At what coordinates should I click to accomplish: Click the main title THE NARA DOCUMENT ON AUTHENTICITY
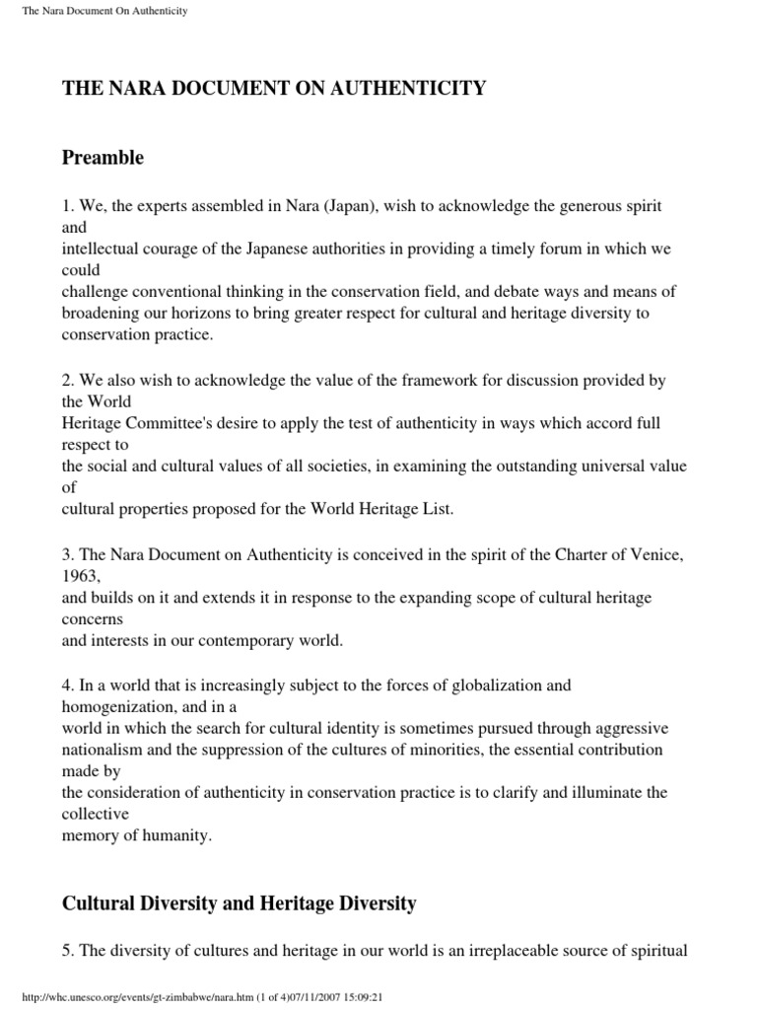(274, 89)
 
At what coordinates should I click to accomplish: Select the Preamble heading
(103, 158)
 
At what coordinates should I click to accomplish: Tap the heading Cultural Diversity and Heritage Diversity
(240, 902)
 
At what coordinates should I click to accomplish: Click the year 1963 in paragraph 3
(82, 575)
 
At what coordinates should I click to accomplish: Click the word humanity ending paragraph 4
(181, 834)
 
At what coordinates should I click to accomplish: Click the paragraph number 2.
(66, 378)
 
